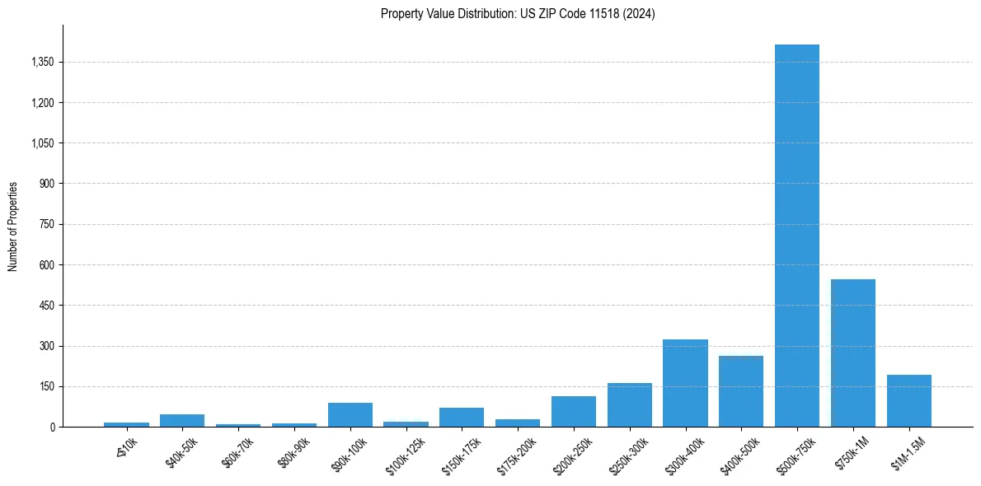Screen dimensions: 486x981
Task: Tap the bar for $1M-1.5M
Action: click(909, 401)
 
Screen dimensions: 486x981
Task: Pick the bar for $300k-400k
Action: click(685, 383)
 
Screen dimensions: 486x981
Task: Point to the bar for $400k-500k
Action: click(741, 391)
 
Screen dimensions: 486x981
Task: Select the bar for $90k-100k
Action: click(350, 415)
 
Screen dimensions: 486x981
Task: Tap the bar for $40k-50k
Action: click(182, 421)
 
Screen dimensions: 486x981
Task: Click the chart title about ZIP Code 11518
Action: click(518, 14)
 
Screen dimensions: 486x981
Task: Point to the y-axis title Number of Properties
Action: click(13, 227)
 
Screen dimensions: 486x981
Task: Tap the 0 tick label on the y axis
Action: click(52, 428)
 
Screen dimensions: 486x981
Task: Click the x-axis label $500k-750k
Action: click(796, 452)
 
